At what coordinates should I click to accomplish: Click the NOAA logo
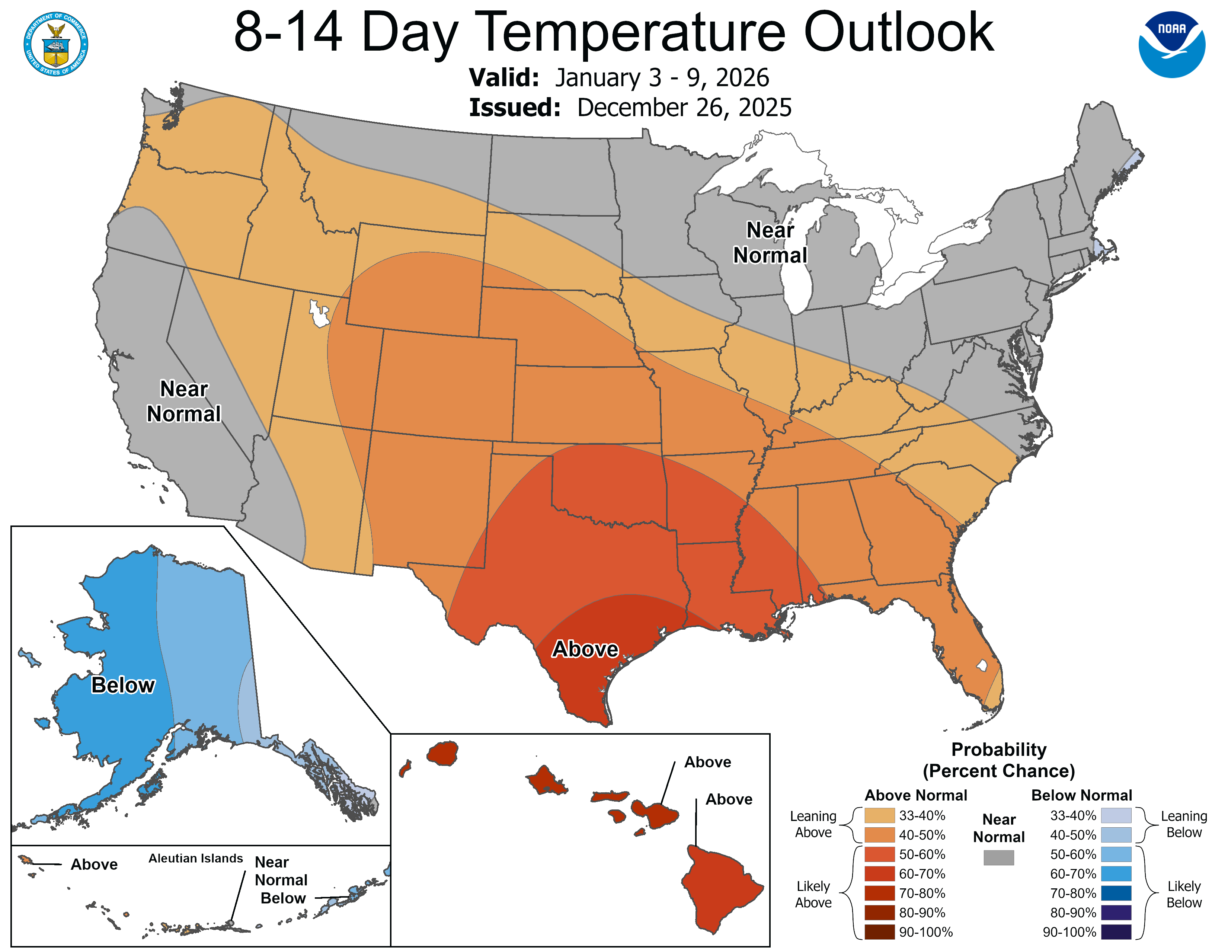[x=1172, y=44]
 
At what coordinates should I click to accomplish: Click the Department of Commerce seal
[x=56, y=44]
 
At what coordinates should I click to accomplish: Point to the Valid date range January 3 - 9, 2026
[x=662, y=77]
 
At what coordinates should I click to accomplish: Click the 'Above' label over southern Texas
[x=585, y=649]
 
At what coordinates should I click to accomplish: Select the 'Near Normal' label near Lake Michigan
[x=770, y=242]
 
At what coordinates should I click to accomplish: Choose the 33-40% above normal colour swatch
[x=879, y=815]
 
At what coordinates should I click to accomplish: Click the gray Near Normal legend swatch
[x=999, y=857]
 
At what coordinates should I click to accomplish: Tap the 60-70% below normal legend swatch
[x=1116, y=874]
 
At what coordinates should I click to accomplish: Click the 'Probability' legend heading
[x=999, y=750]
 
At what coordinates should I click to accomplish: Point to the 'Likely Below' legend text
[x=1184, y=894]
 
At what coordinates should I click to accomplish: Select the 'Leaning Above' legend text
[x=813, y=824]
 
